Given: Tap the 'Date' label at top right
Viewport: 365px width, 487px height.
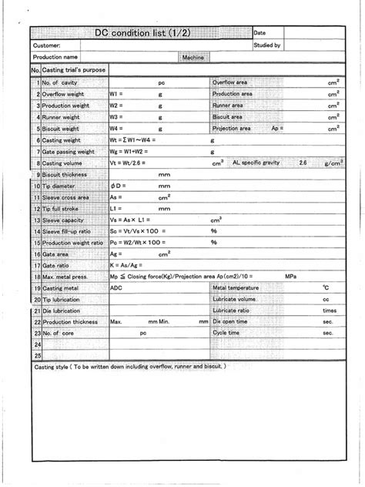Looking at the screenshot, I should [x=259, y=33].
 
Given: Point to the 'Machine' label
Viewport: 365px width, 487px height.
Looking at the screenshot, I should [x=192, y=57].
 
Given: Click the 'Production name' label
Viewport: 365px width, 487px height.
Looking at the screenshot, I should [x=55, y=57].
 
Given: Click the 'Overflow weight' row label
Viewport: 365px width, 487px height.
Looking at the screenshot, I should [x=64, y=93].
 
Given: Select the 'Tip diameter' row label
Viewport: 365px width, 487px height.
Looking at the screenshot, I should [x=59, y=186].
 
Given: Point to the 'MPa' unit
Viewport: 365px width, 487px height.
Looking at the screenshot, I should [x=290, y=275].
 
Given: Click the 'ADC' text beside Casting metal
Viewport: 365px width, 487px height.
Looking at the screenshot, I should [x=116, y=287].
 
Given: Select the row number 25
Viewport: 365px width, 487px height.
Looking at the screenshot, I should [x=36, y=356].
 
